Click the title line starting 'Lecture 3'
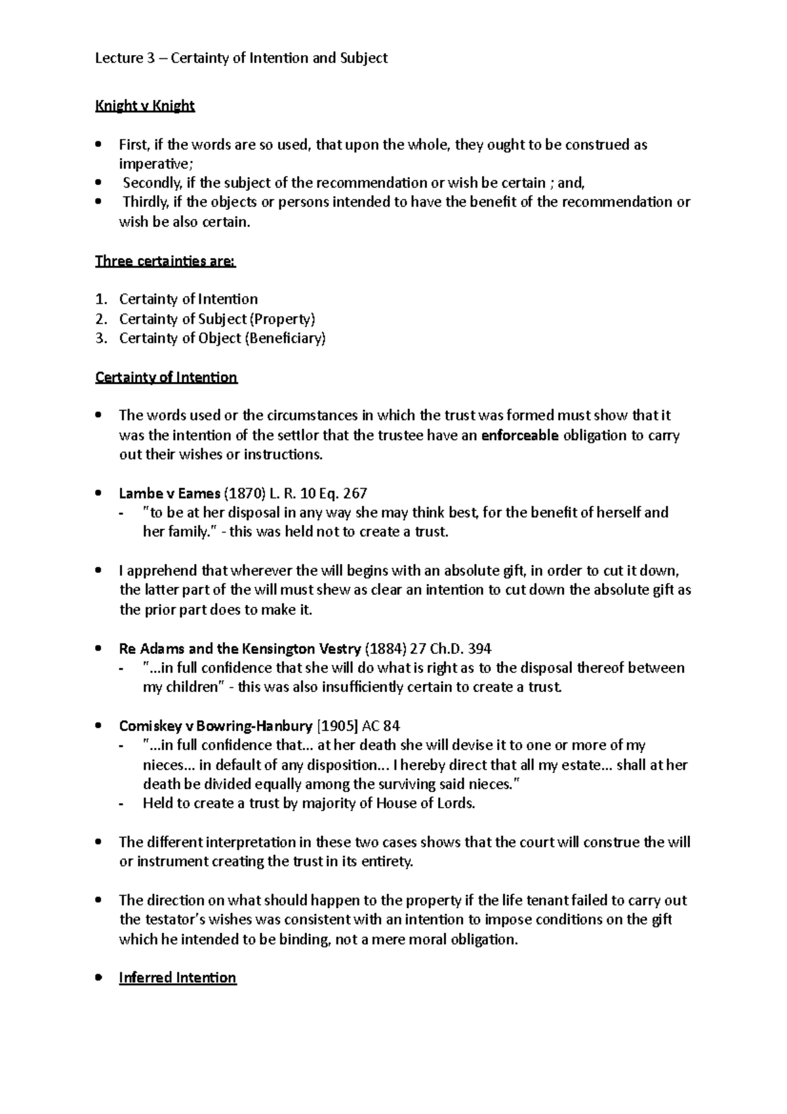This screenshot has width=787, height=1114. tap(241, 58)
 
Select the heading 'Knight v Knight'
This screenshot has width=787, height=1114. tap(145, 106)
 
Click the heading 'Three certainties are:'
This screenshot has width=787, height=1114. tap(165, 261)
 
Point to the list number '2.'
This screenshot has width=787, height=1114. tap(100, 320)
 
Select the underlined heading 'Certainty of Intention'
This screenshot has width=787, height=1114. tap(166, 378)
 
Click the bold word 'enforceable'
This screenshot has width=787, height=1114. tap(519, 436)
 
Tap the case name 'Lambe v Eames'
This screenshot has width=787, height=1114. tap(169, 493)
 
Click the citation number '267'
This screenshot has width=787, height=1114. tap(354, 493)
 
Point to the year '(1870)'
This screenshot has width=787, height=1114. tap(245, 493)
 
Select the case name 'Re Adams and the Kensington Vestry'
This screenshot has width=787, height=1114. tap(239, 649)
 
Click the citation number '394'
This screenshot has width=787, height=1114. tap(479, 649)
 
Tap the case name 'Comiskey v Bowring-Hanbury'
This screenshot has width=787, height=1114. tap(215, 726)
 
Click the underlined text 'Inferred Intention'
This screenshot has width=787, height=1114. tap(177, 978)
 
